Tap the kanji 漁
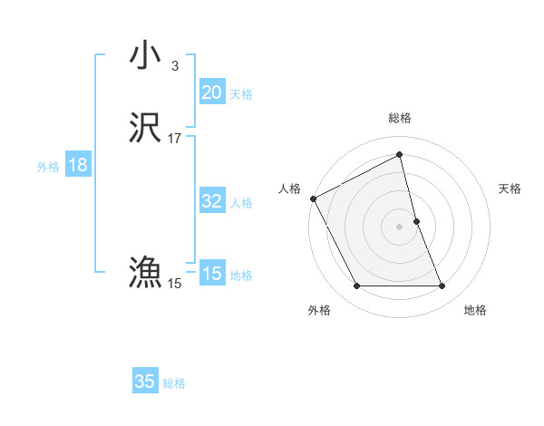click(x=146, y=271)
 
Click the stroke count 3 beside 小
click(x=174, y=65)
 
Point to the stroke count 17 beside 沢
click(x=174, y=139)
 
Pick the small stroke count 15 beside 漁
click(x=174, y=284)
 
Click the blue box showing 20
click(x=211, y=92)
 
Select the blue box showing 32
click(x=211, y=201)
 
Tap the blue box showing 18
click(x=77, y=165)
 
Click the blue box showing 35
click(x=145, y=382)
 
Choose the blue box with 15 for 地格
click(x=211, y=274)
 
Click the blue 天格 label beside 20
click(x=241, y=93)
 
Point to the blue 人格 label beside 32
click(x=241, y=202)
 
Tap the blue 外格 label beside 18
click(x=48, y=166)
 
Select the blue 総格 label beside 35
click(x=174, y=382)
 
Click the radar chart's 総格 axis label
click(x=400, y=118)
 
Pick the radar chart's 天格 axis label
click(x=510, y=189)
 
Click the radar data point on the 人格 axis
click(x=313, y=198)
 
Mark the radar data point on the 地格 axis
click(x=442, y=286)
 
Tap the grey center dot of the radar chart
click(x=400, y=226)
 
